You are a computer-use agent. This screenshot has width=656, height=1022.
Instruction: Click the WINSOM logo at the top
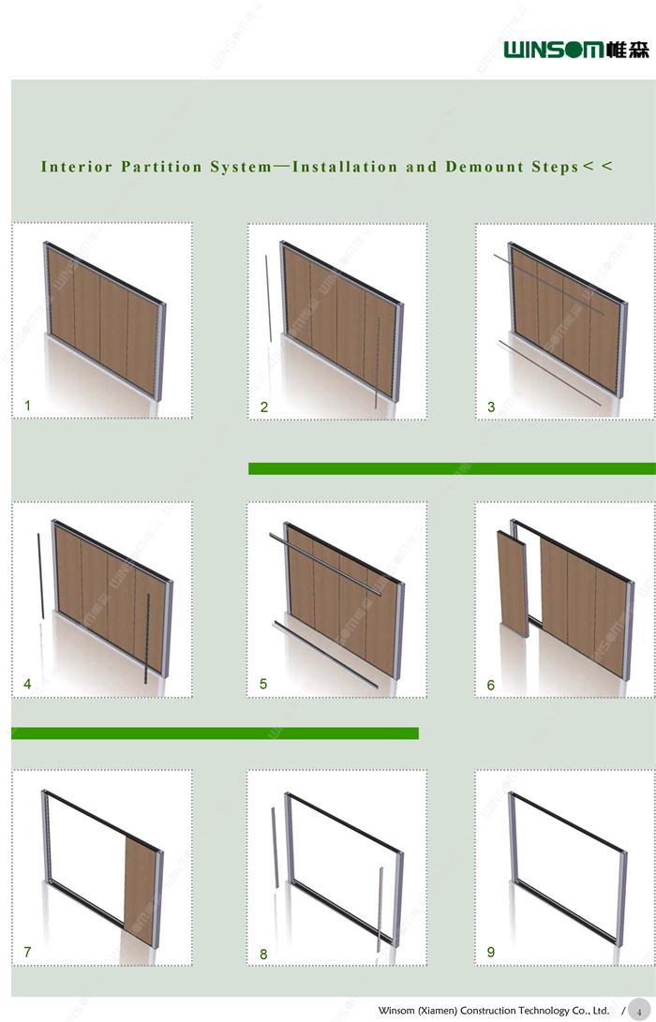coord(575,50)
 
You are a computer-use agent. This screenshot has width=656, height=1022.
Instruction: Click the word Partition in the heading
coord(162,167)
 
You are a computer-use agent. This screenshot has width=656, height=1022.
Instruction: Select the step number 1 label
coord(27,406)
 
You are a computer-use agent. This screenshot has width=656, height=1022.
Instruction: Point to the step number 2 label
coord(264,407)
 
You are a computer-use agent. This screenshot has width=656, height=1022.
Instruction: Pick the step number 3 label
coord(491,407)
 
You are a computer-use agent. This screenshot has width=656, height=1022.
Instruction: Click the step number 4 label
coord(27,684)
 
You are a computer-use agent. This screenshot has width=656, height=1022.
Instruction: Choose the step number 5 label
coord(263,684)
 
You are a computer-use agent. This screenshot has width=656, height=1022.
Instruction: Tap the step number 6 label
coord(491,685)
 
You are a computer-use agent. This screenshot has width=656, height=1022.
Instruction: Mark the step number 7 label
coord(27,953)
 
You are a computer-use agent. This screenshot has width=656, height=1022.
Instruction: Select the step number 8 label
coord(263,955)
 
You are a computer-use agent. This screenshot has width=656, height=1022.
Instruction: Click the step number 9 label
coord(491,953)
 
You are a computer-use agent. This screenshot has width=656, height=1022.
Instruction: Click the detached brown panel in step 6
coord(513,585)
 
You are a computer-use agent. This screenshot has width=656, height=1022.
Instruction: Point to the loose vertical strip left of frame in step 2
coord(268,299)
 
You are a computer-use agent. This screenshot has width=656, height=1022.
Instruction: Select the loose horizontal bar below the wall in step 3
coord(549,373)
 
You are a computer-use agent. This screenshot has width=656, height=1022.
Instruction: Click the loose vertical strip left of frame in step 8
coord(276,848)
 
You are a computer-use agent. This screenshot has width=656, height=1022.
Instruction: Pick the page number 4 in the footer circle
coord(639,1012)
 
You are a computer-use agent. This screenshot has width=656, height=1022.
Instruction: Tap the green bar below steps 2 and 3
coord(452,468)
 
